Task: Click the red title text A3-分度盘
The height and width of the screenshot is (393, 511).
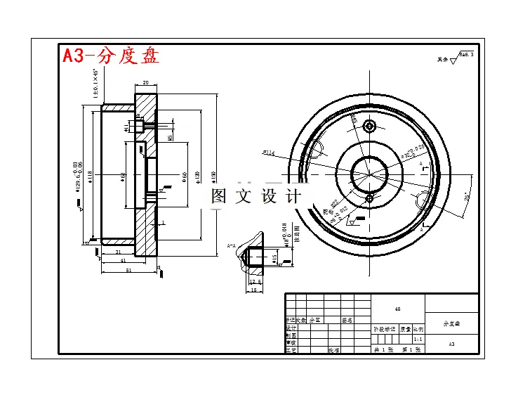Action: click(x=111, y=56)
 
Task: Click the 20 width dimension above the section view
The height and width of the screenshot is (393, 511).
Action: click(x=145, y=82)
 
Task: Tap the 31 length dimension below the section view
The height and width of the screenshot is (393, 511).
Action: click(x=118, y=252)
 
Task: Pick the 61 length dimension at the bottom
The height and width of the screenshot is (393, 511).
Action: click(x=128, y=270)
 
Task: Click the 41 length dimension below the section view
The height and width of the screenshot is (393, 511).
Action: click(x=123, y=261)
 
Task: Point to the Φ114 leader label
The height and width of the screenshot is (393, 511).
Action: click(x=268, y=152)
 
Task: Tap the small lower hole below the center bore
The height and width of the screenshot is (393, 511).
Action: click(x=369, y=199)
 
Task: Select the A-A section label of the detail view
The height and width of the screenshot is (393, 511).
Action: click(x=232, y=245)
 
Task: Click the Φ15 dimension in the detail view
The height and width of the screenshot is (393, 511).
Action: click(x=274, y=259)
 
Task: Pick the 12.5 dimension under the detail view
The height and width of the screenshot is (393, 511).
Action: click(x=255, y=282)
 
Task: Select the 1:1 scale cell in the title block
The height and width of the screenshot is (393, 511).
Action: click(x=418, y=338)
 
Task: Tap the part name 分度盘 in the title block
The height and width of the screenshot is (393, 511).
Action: click(x=452, y=323)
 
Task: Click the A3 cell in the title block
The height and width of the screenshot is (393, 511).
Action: click(x=452, y=344)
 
